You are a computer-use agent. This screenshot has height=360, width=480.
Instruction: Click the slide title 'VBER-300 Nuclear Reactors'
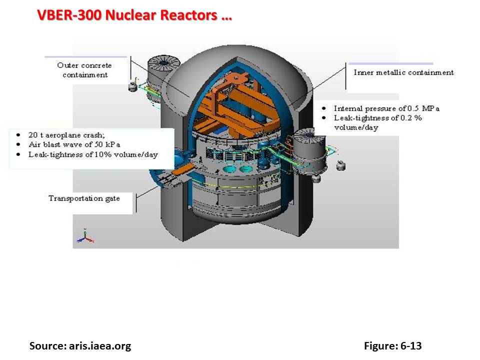[x=134, y=15]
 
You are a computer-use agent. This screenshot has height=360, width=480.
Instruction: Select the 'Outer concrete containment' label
[x=84, y=70]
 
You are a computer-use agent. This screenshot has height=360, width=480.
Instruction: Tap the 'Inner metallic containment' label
[x=403, y=72]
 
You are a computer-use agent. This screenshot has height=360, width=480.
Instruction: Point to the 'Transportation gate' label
[x=84, y=198]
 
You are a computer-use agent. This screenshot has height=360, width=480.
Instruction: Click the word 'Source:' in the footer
[x=46, y=345]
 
